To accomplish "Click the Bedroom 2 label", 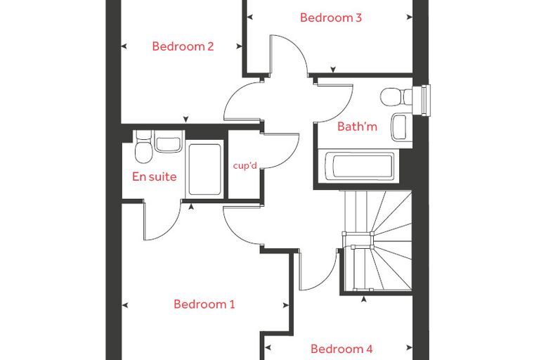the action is click(x=183, y=46).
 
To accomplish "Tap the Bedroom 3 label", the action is click(x=331, y=18).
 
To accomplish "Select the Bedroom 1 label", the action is click(x=204, y=304).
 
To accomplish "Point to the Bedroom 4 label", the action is click(x=341, y=349).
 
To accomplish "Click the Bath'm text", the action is click(x=357, y=127).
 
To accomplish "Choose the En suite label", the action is click(x=155, y=176).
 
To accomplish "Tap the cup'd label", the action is click(x=245, y=166).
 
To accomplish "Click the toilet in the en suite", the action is click(x=143, y=147).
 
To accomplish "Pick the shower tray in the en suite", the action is click(x=204, y=169).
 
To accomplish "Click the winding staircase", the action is click(x=378, y=241).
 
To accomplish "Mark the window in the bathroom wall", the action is click(x=422, y=101).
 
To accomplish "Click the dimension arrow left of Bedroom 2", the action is click(x=124, y=46).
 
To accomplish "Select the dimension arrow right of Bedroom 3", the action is click(x=410, y=18).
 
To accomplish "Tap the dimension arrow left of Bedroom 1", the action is click(x=124, y=305).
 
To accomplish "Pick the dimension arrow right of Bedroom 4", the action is click(x=410, y=348).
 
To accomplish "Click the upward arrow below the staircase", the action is click(x=364, y=300).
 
